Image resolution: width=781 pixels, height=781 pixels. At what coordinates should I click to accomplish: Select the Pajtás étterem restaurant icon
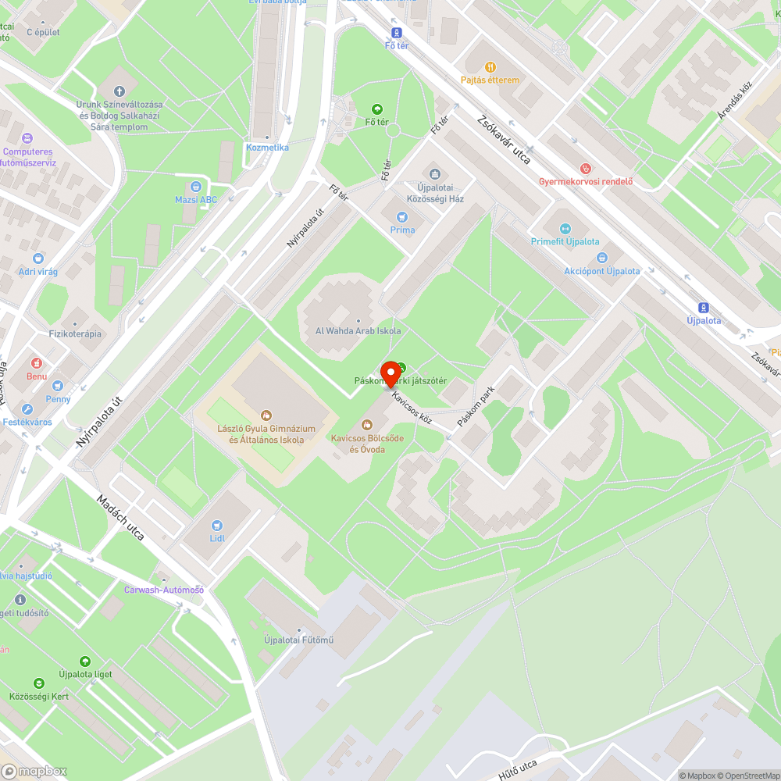click(490, 68)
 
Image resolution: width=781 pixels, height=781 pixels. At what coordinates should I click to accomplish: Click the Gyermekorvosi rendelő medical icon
click(586, 168)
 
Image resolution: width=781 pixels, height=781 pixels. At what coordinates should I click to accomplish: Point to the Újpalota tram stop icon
click(703, 308)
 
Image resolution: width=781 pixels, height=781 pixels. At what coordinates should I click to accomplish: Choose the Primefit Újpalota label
click(565, 242)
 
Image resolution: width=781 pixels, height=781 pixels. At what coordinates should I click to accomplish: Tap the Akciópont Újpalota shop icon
click(601, 258)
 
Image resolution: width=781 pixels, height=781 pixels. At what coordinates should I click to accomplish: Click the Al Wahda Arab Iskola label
click(358, 330)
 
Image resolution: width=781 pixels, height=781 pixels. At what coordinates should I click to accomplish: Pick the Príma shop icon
click(402, 216)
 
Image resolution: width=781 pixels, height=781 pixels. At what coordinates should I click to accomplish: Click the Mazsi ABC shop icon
click(196, 187)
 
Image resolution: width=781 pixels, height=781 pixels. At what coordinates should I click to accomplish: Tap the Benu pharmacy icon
click(36, 363)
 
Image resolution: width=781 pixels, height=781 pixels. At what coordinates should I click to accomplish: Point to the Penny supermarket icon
click(57, 386)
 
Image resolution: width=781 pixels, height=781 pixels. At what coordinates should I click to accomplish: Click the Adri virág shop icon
click(38, 259)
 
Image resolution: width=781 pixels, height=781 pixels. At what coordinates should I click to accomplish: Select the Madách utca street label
click(120, 518)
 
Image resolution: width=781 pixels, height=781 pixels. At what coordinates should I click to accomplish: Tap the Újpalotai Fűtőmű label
click(299, 641)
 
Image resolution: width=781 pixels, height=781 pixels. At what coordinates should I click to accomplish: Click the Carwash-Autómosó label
click(164, 590)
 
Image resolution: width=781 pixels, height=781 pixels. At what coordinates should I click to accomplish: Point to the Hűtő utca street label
click(519, 768)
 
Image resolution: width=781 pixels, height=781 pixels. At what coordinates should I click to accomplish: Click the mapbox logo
click(34, 770)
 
